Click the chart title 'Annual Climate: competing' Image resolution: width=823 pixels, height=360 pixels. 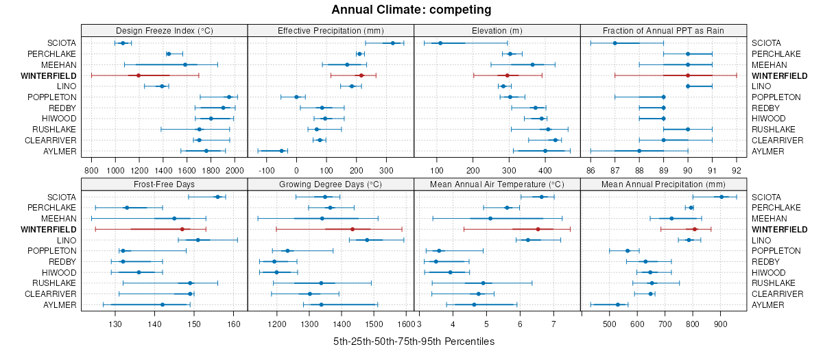[411, 10]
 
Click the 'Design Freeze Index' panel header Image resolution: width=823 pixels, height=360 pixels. [164, 30]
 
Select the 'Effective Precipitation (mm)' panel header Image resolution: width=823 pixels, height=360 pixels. [331, 30]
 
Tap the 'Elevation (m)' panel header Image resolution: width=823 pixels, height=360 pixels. [497, 30]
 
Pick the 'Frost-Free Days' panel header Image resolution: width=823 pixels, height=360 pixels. [164, 184]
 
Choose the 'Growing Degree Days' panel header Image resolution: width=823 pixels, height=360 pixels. [331, 184]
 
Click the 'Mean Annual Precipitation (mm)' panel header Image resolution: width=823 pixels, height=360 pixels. [663, 184]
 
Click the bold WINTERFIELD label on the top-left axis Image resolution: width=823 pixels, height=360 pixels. [49, 75]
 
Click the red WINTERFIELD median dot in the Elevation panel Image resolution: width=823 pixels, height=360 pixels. [508, 75]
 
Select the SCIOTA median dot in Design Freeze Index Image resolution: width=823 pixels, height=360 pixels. [123, 43]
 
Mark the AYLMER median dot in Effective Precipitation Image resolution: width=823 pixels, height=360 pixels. [281, 151]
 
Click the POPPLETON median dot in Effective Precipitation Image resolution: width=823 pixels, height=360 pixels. [296, 97]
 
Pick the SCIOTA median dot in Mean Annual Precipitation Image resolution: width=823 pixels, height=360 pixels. [721, 197]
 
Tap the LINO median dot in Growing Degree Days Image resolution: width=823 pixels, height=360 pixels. [367, 240]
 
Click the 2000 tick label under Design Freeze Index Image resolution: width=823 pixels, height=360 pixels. [235, 169]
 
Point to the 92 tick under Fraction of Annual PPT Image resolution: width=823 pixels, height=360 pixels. [737, 169]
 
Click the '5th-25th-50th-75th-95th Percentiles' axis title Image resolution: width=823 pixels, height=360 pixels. [414, 341]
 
